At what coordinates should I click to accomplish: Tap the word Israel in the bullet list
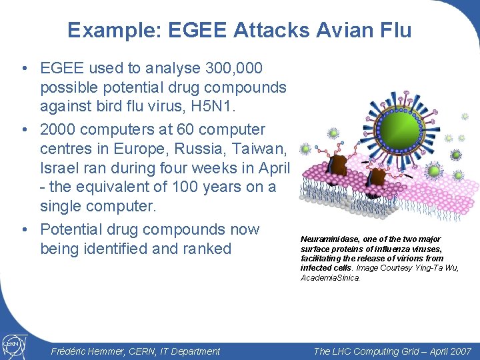tap(61, 168)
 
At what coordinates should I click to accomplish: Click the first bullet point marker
tap(24, 69)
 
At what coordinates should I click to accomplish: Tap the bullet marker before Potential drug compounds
tap(24, 230)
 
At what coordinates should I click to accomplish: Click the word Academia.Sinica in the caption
tap(330, 277)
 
